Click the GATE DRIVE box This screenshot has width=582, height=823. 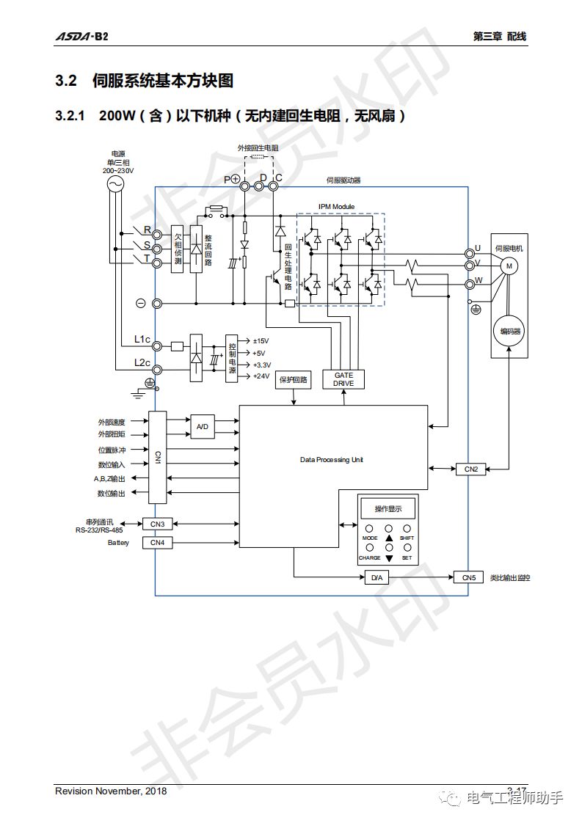click(343, 379)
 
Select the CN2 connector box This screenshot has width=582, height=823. click(470, 469)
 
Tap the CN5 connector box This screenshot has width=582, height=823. click(469, 577)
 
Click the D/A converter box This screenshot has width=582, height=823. click(376, 577)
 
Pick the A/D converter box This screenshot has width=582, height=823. click(203, 426)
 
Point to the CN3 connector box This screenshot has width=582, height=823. click(157, 524)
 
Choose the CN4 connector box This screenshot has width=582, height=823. click(157, 543)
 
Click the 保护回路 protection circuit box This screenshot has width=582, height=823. click(294, 381)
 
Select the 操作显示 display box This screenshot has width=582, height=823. click(388, 509)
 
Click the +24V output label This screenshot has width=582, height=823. click(261, 376)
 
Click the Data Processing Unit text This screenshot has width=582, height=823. click(332, 460)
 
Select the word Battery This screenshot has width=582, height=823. click(118, 543)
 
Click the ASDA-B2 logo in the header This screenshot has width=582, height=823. click(81, 37)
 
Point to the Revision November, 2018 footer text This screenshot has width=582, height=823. click(111, 791)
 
